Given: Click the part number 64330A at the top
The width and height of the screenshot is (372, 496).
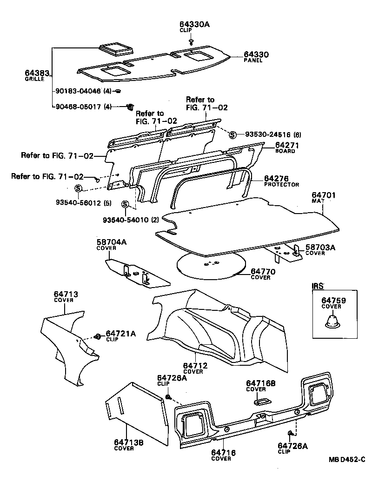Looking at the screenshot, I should (x=195, y=25).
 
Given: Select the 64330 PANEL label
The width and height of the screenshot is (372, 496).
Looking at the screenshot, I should (x=256, y=57).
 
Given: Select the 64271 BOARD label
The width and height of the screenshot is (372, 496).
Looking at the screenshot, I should (x=286, y=147).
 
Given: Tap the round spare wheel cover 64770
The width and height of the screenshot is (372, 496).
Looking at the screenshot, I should (x=212, y=266).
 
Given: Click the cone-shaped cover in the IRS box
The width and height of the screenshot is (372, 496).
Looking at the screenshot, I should (x=333, y=321).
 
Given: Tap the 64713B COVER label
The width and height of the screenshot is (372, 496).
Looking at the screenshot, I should (x=128, y=445).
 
